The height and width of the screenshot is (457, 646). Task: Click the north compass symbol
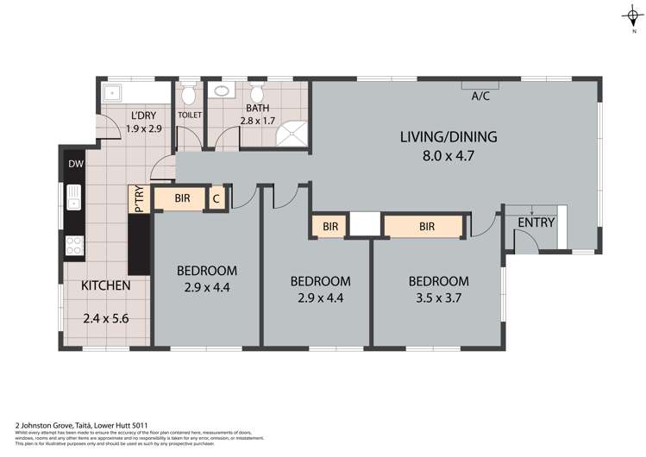pos(632,16)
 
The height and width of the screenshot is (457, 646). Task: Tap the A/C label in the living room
pos(480,97)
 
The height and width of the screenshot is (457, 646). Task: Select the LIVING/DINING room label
pos(448,136)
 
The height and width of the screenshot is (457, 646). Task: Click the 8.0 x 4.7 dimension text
pos(449,156)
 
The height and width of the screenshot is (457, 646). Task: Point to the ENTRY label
pos(536,222)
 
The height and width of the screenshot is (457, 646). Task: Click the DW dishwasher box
pos(73,163)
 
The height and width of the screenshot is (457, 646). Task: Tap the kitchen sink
pos(74,198)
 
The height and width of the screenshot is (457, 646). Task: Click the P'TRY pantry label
pos(137,198)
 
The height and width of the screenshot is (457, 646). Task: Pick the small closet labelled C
pos(217,198)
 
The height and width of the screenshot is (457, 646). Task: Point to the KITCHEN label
pos(105,285)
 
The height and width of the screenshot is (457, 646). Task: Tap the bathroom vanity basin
pos(222,90)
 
